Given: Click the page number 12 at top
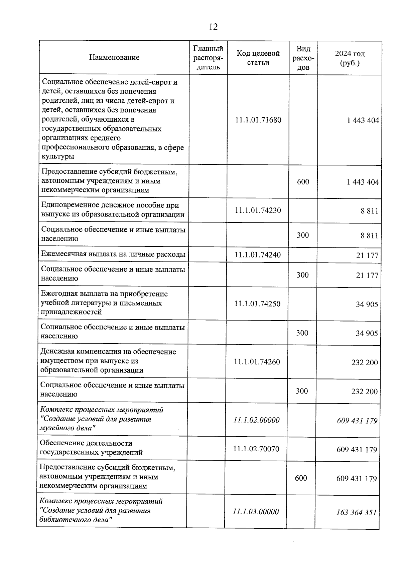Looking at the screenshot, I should pos(213,27).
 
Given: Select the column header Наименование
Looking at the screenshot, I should pos(114,57).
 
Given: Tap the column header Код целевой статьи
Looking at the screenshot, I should pos(258,58).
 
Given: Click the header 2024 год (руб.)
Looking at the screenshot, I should pos(350,58).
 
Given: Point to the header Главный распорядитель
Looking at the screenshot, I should pos(208,58).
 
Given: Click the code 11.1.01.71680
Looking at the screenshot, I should pos(258,120).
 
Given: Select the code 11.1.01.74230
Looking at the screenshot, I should pos(258,210).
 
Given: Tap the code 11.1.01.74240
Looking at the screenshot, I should pos(258,255).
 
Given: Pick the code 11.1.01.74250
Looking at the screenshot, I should pos(257,304).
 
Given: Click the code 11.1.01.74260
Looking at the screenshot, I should pos(257,362).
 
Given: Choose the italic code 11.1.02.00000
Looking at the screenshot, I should pos(257,420).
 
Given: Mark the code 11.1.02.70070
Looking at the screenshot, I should pos(256,449).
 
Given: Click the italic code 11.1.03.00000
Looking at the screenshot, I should pos(256,511).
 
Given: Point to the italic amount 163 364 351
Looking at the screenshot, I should pos(356,512).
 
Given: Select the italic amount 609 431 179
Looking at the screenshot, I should pos(357,421).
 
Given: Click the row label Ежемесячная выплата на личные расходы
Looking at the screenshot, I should pos(113,254).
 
